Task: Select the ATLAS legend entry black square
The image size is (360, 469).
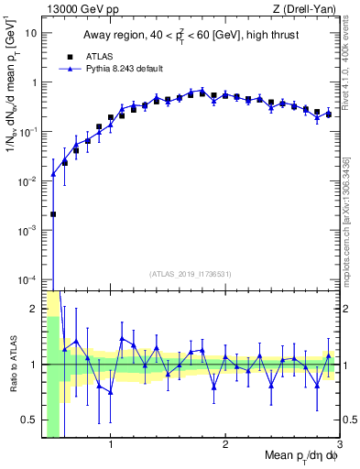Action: pos(65,56)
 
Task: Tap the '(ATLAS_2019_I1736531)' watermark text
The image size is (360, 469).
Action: pos(191,274)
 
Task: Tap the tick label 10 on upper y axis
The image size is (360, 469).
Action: pos(31,33)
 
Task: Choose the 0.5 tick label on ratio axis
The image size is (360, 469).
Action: pos(29,421)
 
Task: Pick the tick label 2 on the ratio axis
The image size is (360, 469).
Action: pos(34,308)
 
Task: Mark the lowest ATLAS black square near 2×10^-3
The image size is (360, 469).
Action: pos(53,214)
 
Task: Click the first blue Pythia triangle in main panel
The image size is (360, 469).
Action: pos(53,173)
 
